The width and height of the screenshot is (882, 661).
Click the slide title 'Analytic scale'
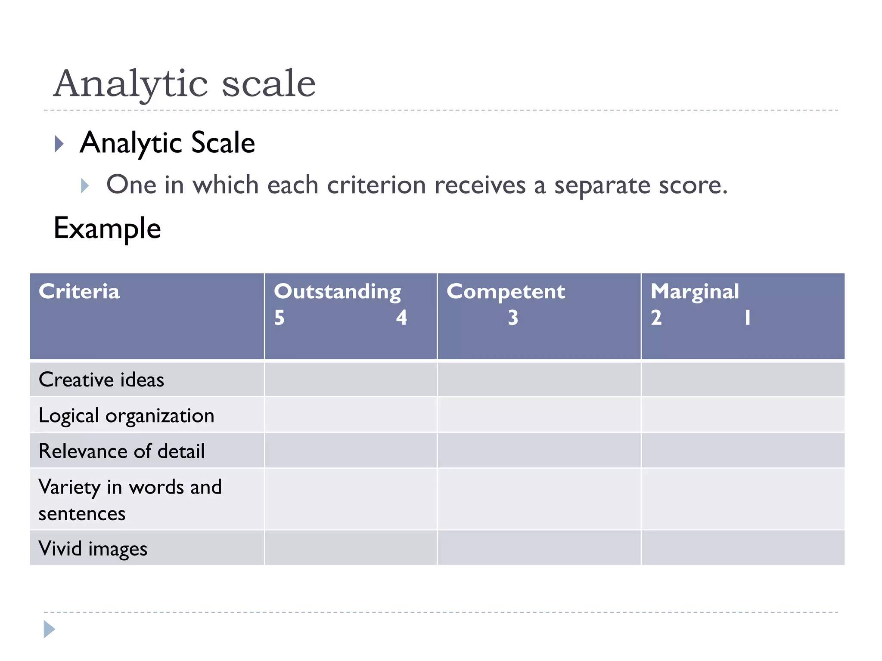click(x=184, y=83)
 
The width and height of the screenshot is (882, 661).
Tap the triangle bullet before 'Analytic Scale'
click(x=59, y=144)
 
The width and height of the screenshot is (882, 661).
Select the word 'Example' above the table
click(x=107, y=228)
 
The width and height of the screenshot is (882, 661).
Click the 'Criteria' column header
click(x=79, y=291)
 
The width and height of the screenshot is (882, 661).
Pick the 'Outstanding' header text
click(x=338, y=292)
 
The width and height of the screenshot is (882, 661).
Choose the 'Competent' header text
click(x=506, y=292)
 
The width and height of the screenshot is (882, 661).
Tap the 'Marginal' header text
click(x=695, y=292)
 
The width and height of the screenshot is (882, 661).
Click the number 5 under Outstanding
click(x=280, y=318)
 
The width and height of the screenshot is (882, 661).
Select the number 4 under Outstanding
click(x=401, y=318)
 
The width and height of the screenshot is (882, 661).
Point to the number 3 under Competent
click(x=513, y=318)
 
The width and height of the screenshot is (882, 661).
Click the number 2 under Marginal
click(x=656, y=318)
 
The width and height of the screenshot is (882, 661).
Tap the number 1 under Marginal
click(x=748, y=318)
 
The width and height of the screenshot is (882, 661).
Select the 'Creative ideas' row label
click(x=102, y=380)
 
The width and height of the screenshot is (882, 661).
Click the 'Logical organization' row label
click(x=126, y=416)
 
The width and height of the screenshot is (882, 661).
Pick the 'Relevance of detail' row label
click(x=121, y=451)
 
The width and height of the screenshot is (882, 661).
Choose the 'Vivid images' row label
click(x=93, y=549)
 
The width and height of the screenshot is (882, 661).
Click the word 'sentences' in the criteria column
click(x=82, y=514)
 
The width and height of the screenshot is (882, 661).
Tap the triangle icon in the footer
click(x=49, y=629)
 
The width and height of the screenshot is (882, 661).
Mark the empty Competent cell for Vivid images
click(x=539, y=548)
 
